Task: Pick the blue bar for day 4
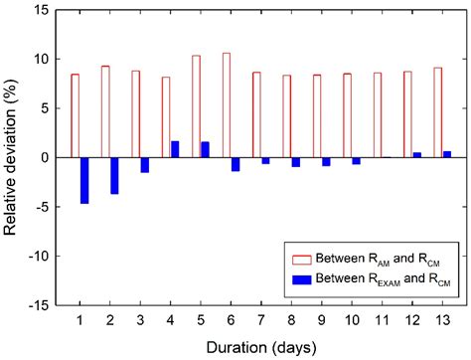pyautogui.click(x=175, y=149)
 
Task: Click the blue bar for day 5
pyautogui.click(x=205, y=149)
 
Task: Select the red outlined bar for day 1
pyautogui.click(x=75, y=115)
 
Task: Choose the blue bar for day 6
pyautogui.click(x=235, y=164)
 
